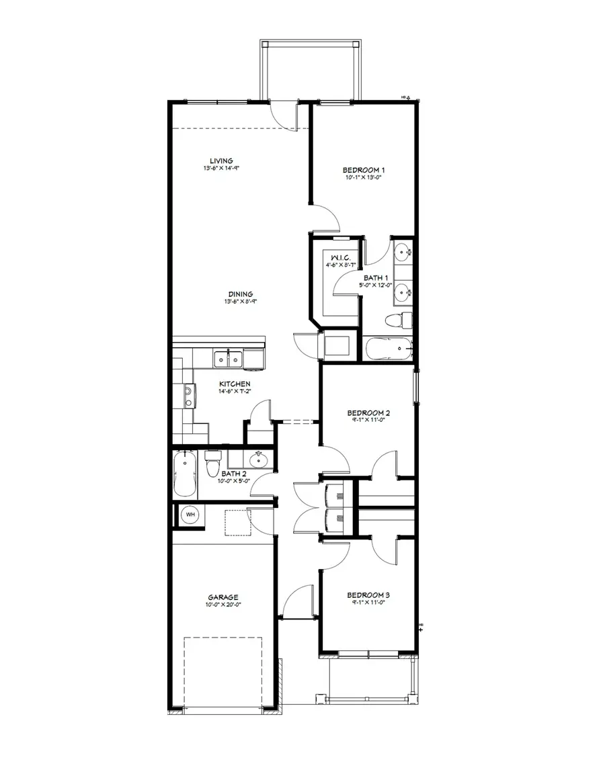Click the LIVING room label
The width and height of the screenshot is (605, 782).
[x=220, y=161]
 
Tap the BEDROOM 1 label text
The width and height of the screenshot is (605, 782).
[x=364, y=171]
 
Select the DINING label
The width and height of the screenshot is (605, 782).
[x=239, y=294]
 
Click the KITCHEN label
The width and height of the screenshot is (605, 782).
[x=235, y=384]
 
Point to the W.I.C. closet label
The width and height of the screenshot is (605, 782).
[x=335, y=257]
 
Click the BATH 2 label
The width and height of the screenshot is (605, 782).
[x=235, y=474]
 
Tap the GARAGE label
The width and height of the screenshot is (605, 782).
[x=223, y=597]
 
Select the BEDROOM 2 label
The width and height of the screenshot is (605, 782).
[x=368, y=412]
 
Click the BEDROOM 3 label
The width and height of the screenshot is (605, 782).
[x=368, y=595]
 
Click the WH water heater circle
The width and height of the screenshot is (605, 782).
[x=190, y=515]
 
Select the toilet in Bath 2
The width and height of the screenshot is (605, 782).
[x=213, y=463]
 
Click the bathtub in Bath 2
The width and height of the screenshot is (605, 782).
[x=184, y=474]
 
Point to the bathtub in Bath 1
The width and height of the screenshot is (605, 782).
[x=388, y=349]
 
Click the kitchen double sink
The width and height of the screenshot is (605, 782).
[x=228, y=359]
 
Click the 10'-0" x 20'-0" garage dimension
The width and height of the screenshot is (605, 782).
[x=223, y=605]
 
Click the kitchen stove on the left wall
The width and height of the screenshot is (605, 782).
[x=189, y=396]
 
